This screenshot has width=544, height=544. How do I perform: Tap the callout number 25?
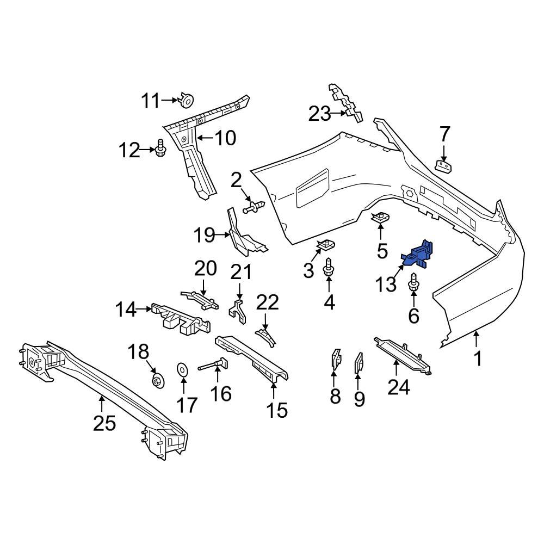104,422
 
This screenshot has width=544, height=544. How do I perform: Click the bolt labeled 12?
160,148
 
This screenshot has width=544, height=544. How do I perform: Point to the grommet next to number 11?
187,101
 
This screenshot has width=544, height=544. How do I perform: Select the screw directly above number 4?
329,269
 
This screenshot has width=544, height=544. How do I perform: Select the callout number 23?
320,114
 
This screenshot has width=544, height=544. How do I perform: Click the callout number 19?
205,236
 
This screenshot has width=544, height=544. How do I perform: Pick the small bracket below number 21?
236,308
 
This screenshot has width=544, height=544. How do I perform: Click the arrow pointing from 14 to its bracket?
145,310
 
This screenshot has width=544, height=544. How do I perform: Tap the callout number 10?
225,138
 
